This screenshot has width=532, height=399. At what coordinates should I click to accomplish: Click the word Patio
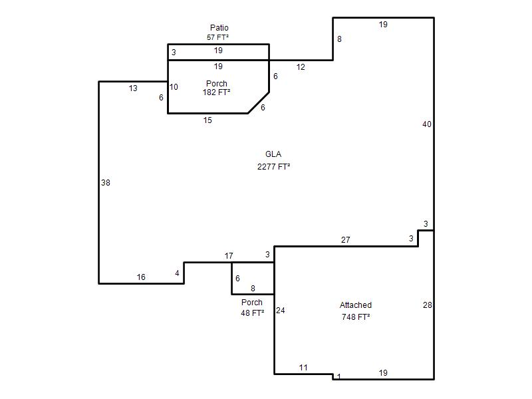(x=219, y=27)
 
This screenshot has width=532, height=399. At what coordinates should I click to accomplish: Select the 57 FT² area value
(x=218, y=37)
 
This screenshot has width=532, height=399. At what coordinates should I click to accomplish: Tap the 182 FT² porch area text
(x=217, y=92)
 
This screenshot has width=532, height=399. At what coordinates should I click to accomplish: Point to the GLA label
(x=273, y=154)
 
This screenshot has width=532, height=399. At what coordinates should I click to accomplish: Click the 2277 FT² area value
(x=273, y=167)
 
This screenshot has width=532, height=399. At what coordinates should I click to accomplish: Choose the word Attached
(x=356, y=305)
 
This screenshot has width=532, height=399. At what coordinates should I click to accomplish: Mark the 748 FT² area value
(x=356, y=317)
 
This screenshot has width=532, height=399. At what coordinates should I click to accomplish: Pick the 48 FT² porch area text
(x=253, y=313)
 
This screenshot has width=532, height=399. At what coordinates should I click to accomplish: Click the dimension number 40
(x=427, y=124)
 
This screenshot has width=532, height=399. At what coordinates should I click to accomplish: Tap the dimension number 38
(x=106, y=182)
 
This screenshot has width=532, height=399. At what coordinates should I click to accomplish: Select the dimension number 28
(x=428, y=305)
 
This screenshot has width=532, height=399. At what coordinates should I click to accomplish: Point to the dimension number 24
(x=280, y=310)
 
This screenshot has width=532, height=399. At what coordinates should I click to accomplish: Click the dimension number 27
(x=345, y=240)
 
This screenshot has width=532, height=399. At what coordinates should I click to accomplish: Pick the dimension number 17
(x=229, y=255)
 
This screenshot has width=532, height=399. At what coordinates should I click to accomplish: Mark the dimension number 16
(x=141, y=277)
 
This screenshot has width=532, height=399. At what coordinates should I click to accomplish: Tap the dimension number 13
(x=133, y=88)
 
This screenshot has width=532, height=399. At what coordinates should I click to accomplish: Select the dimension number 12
(x=301, y=67)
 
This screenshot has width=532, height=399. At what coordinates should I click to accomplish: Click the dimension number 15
(x=207, y=120)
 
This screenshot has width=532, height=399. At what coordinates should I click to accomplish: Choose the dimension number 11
(x=303, y=368)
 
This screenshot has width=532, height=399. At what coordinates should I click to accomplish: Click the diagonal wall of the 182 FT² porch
(x=259, y=102)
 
